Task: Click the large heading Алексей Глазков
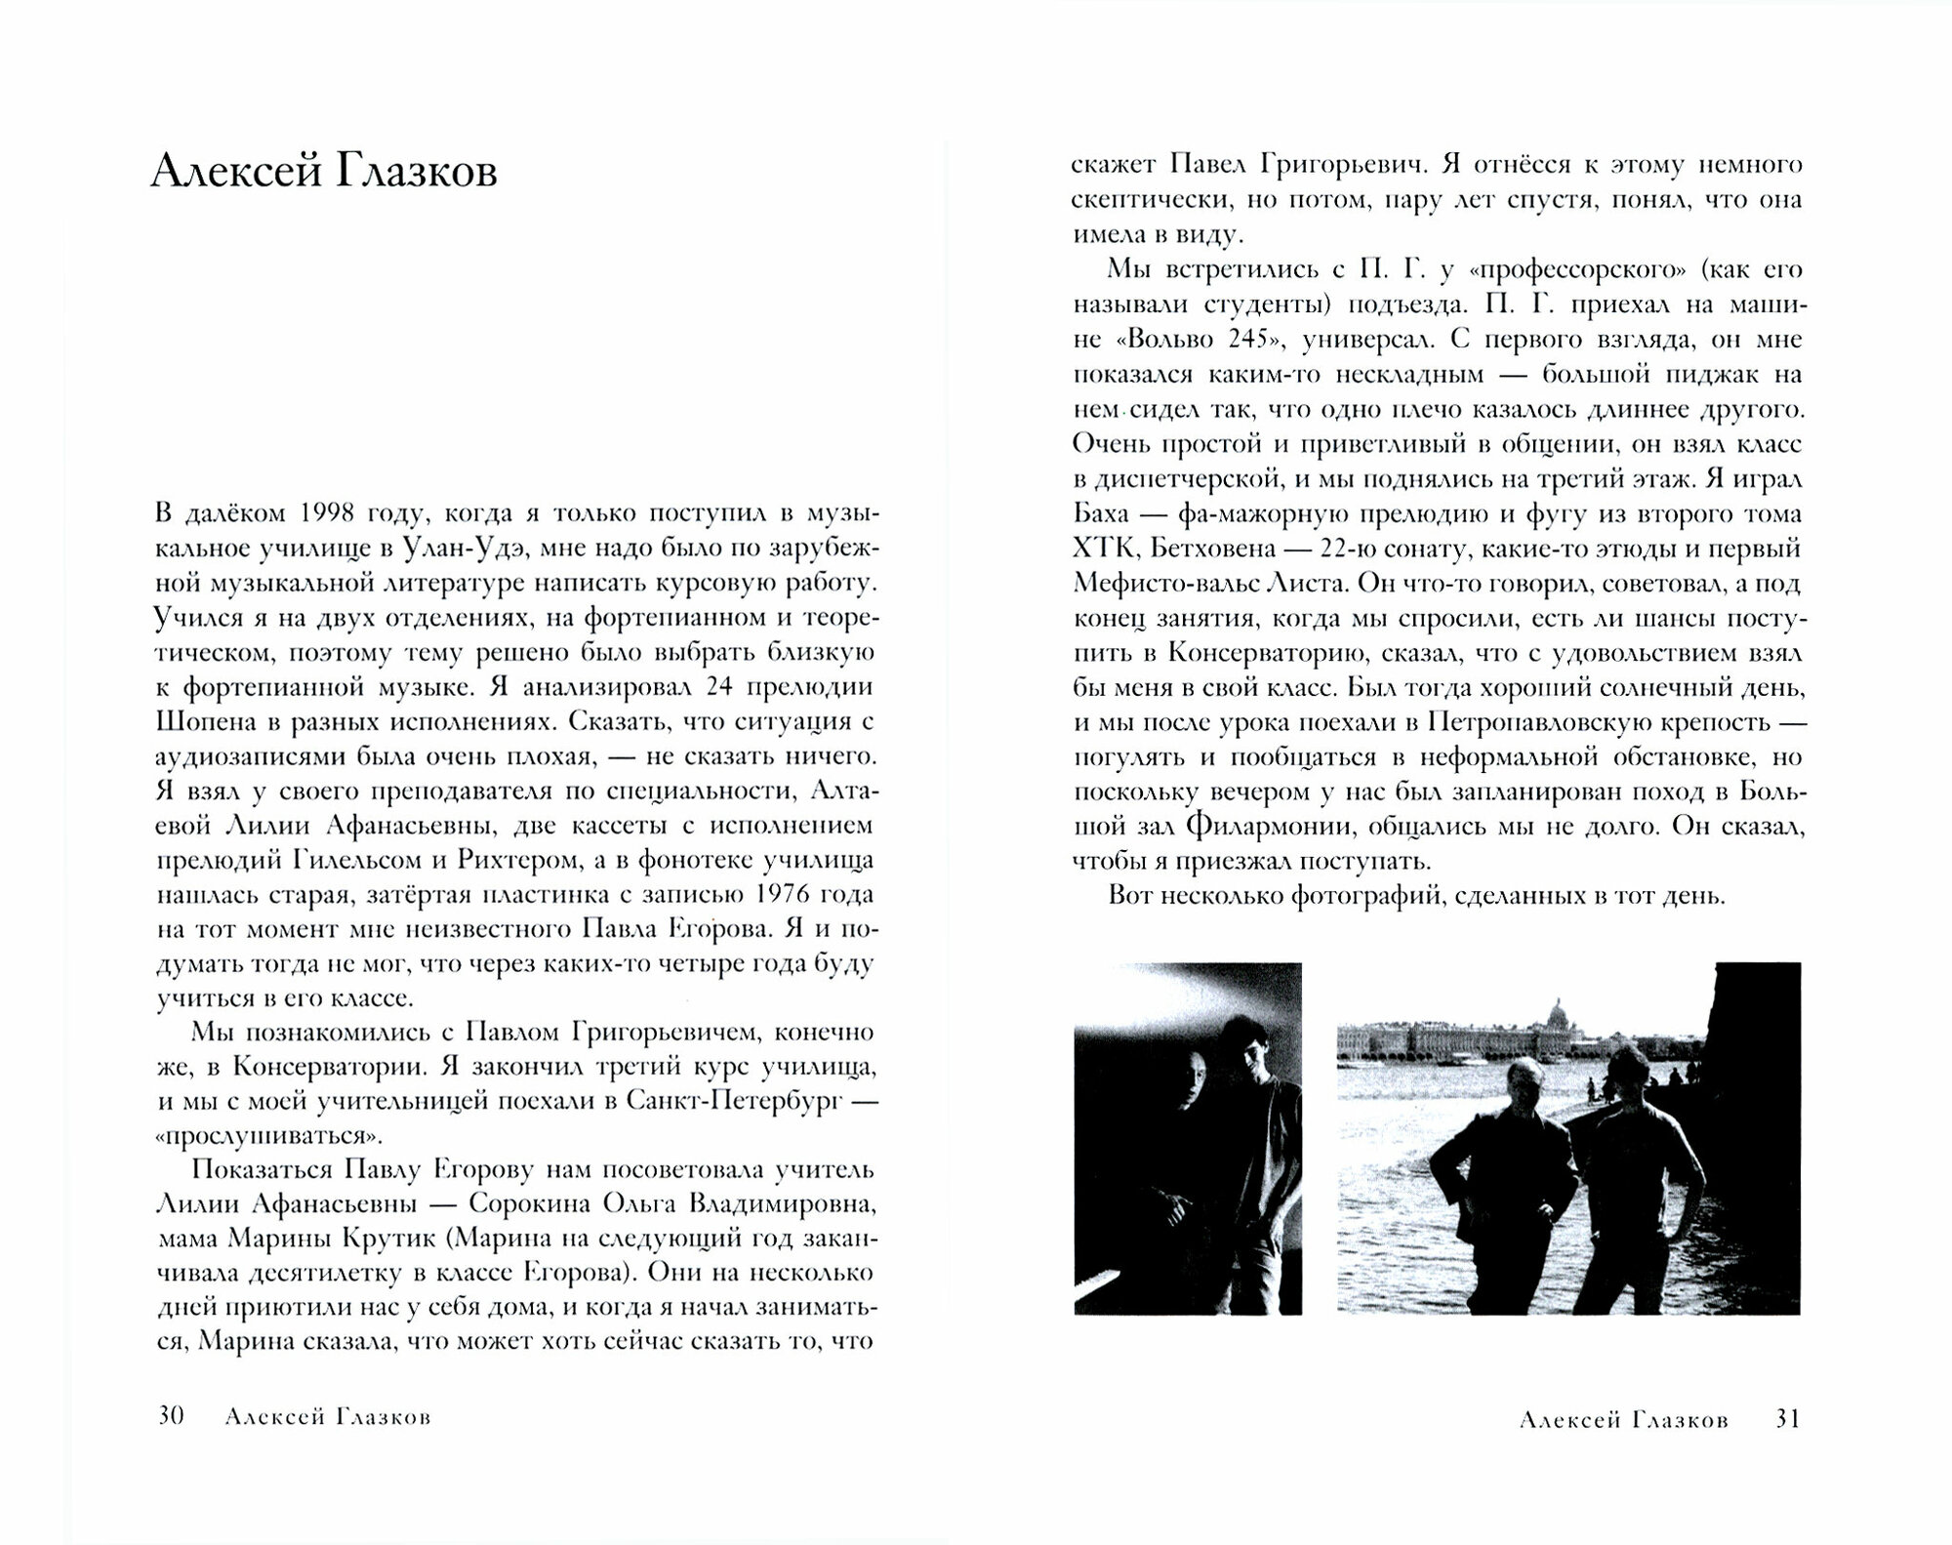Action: coord(324,174)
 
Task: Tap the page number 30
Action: coord(171,1416)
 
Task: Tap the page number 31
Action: coord(1786,1419)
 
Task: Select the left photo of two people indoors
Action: coord(1187,1138)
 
